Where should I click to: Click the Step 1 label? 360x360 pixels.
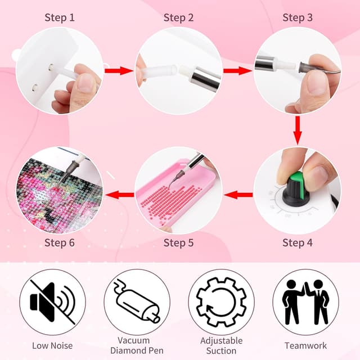click(x=60, y=17)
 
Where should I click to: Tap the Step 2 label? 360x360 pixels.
click(x=178, y=17)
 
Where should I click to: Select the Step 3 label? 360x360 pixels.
click(x=298, y=17)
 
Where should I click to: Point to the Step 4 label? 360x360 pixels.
click(x=298, y=243)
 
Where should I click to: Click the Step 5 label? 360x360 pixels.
click(x=178, y=243)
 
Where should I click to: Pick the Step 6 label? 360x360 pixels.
click(x=60, y=243)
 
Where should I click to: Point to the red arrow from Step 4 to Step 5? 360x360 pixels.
click(x=237, y=195)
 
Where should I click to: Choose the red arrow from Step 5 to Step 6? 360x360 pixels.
click(x=119, y=195)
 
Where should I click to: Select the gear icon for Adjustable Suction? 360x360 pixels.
click(x=221, y=301)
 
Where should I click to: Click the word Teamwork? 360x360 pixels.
click(x=305, y=345)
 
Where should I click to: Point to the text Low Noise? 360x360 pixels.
click(x=52, y=345)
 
